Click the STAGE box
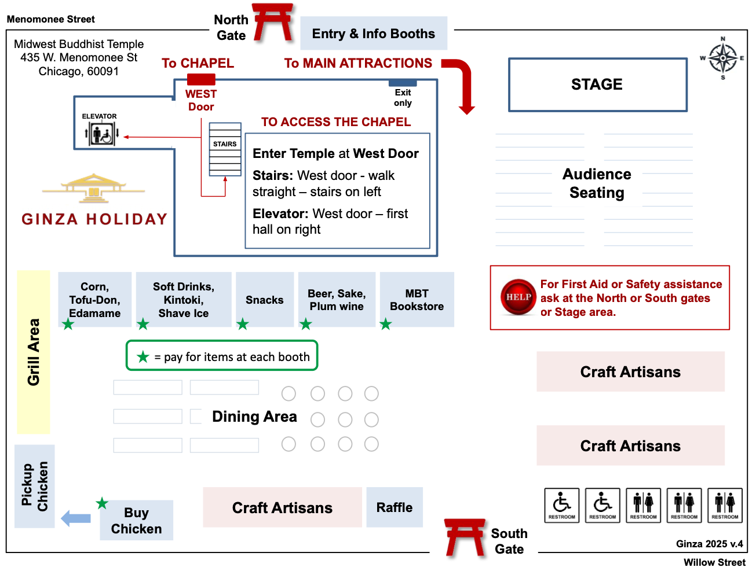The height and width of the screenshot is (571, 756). click(x=597, y=84)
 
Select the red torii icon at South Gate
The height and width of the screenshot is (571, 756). click(x=465, y=537)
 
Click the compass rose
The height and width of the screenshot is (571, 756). click(x=722, y=58)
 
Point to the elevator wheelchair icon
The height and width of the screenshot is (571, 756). click(x=102, y=135)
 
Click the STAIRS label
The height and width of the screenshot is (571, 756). click(x=225, y=144)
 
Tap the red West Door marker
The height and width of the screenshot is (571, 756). click(x=201, y=80)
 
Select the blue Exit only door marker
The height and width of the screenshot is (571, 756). click(x=403, y=83)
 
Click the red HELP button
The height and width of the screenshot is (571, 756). click(x=518, y=297)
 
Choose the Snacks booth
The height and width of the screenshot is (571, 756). click(x=265, y=300)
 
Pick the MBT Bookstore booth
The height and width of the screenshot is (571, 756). click(x=417, y=300)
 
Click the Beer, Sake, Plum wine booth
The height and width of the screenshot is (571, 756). click(x=337, y=300)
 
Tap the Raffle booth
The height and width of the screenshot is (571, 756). click(x=395, y=507)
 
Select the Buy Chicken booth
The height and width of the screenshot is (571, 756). click(x=137, y=520)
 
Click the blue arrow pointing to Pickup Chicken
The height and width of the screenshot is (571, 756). click(x=76, y=518)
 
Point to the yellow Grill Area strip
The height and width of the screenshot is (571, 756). click(x=34, y=352)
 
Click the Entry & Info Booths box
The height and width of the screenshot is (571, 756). click(x=374, y=34)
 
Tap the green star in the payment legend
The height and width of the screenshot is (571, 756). click(x=143, y=357)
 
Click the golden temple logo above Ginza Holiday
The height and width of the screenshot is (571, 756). click(x=94, y=188)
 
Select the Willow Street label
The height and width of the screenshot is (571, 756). click(x=714, y=562)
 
